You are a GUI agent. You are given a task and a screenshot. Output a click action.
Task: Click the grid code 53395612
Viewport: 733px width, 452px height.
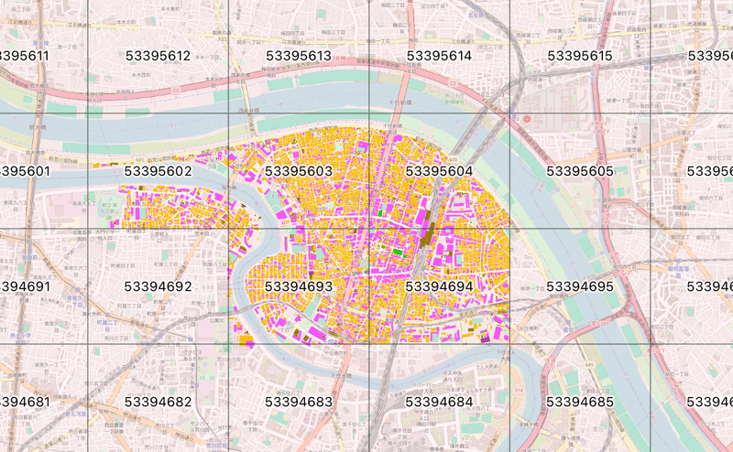tap(158, 56)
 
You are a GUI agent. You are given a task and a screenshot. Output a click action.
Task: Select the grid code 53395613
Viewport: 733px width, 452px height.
tap(299, 56)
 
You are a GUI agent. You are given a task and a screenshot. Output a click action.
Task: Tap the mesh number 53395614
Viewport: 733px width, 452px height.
tap(439, 56)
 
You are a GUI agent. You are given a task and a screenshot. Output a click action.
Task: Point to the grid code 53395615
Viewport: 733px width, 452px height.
tap(580, 56)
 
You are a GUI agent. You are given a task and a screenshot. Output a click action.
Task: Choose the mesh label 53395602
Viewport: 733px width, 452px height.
tap(158, 171)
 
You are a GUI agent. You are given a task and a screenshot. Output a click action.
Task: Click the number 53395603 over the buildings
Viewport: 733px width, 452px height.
tap(299, 171)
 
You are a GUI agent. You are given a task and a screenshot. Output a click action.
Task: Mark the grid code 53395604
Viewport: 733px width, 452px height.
tap(439, 171)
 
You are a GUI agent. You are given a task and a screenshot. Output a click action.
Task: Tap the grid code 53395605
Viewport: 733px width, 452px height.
tap(580, 171)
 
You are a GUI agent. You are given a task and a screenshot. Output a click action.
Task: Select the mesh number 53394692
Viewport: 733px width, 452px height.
tap(158, 286)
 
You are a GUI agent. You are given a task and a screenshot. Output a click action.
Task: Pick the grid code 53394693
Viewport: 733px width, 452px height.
tap(299, 286)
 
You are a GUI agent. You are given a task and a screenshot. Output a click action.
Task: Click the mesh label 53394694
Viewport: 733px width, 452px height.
tap(439, 286)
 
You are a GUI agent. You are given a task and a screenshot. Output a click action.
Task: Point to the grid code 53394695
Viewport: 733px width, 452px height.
tap(580, 286)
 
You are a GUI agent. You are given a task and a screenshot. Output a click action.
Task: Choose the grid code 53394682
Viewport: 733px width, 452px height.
tap(158, 402)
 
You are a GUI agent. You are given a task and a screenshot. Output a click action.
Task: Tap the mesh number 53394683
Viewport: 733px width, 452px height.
tap(299, 402)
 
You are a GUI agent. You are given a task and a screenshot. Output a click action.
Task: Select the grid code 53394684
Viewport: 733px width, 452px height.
tap(439, 402)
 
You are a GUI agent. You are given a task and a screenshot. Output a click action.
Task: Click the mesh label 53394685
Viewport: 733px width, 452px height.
tap(580, 402)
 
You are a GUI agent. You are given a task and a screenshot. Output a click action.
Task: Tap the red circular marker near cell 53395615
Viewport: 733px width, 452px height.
tap(516, 120)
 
